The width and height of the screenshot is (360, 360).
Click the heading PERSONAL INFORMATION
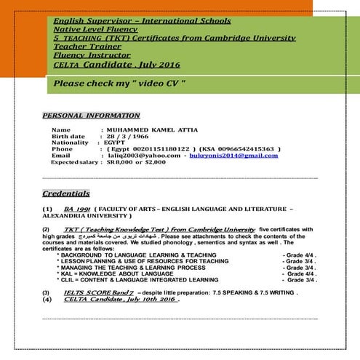(x=91, y=115)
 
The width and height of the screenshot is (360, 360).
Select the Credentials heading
(x=66, y=193)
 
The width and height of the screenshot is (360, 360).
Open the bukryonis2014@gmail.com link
(x=234, y=155)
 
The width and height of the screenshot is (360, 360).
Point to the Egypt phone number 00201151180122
(x=152, y=148)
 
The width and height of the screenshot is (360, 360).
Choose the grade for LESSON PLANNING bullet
(x=299, y=260)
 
